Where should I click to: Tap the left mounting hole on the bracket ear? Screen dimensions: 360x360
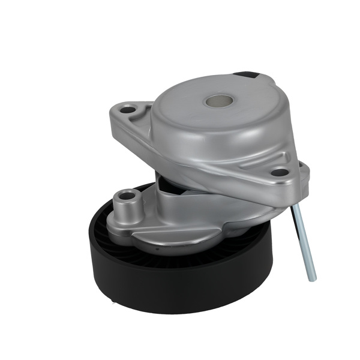click(x=128, y=110)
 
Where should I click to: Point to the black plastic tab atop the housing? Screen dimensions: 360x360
click(x=246, y=76)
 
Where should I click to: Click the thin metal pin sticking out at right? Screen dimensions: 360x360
click(x=304, y=240)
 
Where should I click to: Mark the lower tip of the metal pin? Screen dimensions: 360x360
click(x=311, y=277)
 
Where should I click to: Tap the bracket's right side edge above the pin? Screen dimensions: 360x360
click(x=303, y=180)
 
